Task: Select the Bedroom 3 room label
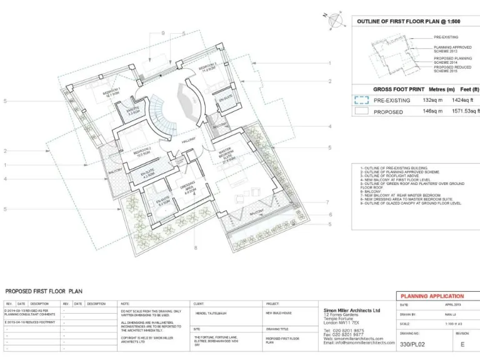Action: tap(207, 67)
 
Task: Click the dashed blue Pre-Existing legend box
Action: tap(361, 99)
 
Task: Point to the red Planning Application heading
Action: tap(432, 296)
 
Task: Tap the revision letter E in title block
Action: tap(462, 343)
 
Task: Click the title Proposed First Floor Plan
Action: tap(44, 291)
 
